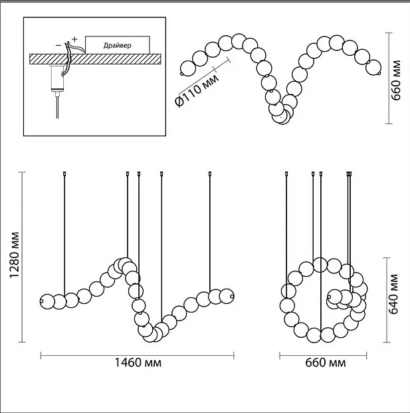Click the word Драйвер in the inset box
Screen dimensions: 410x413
(x=117, y=46)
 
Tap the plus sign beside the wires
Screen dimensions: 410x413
(x=74, y=39)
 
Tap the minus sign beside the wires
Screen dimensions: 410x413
(x=58, y=45)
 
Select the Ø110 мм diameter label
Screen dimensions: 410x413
(x=197, y=90)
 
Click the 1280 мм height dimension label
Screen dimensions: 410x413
(x=15, y=255)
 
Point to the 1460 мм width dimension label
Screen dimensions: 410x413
(x=138, y=362)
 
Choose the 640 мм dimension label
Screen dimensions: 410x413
(x=393, y=294)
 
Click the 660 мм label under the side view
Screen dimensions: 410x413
(x=326, y=362)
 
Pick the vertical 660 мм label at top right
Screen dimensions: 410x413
(x=395, y=80)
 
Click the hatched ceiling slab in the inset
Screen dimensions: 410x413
(x=95, y=59)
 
